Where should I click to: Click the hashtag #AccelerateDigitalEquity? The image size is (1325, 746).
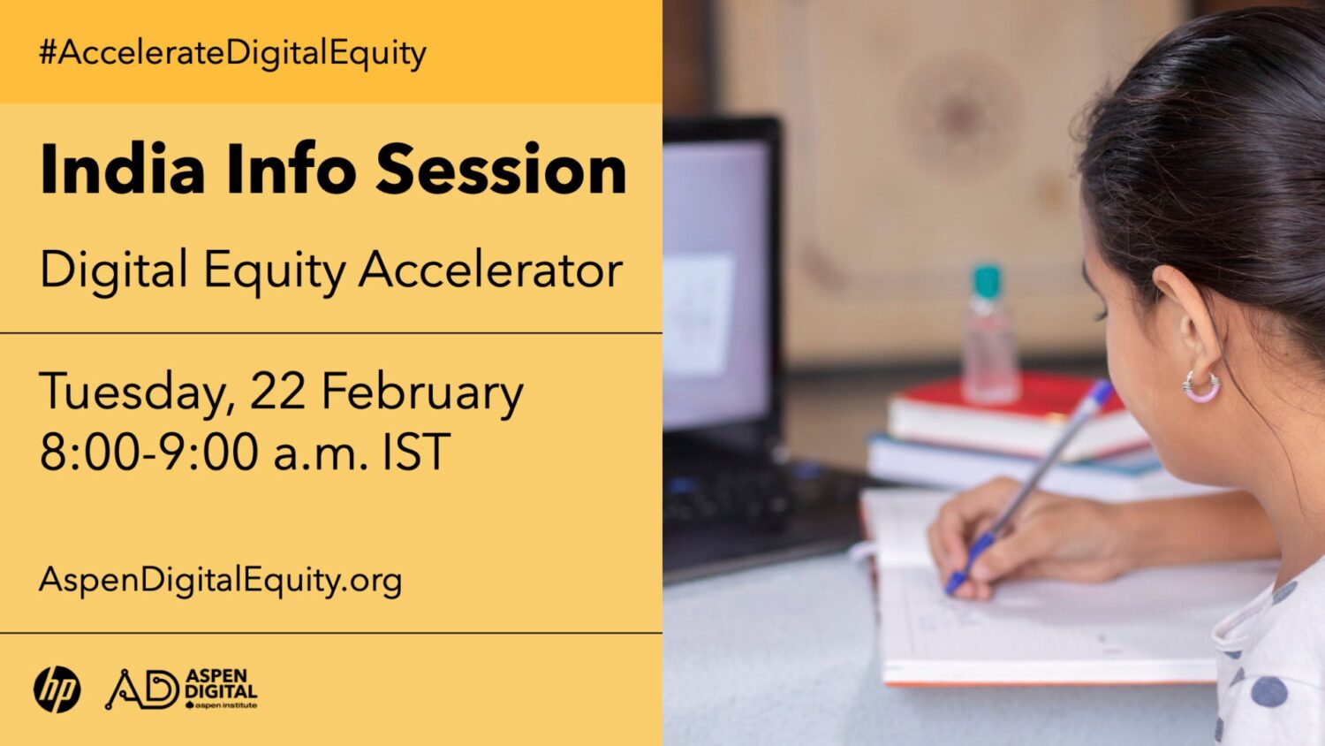click(x=232, y=53)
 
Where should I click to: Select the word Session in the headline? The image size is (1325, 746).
click(x=501, y=169)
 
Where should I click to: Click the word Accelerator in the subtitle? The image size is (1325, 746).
click(x=490, y=270)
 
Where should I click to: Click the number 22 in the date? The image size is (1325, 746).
click(x=277, y=391)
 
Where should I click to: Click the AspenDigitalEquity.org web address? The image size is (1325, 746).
click(x=220, y=580)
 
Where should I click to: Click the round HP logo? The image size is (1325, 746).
click(x=57, y=689)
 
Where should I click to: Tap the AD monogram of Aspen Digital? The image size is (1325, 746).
click(x=142, y=689)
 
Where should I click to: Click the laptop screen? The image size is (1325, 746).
click(x=716, y=285)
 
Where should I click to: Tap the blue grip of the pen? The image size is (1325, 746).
click(x=969, y=563)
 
